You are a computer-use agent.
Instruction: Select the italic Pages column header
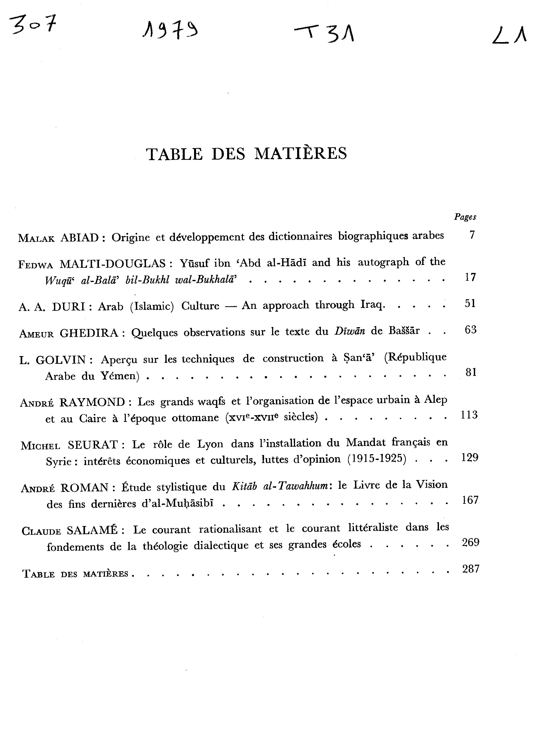(465, 217)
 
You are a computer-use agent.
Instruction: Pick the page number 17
(470, 277)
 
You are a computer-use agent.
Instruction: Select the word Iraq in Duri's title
(372, 305)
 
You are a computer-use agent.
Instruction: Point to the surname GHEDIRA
(89, 333)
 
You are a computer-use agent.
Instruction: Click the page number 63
(470, 330)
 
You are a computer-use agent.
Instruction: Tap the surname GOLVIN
(61, 360)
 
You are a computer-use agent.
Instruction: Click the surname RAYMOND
(92, 402)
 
